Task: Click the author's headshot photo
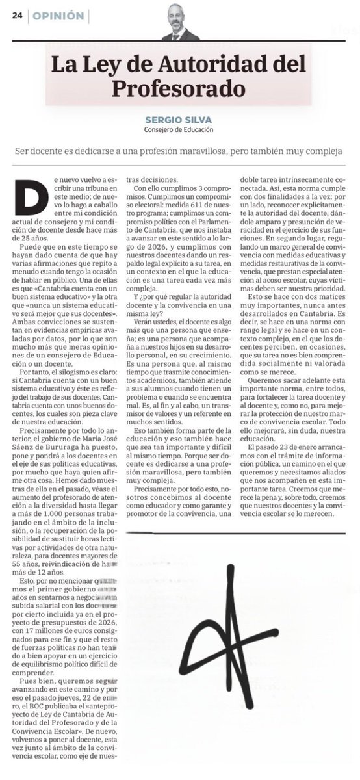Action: [x=180, y=22]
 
